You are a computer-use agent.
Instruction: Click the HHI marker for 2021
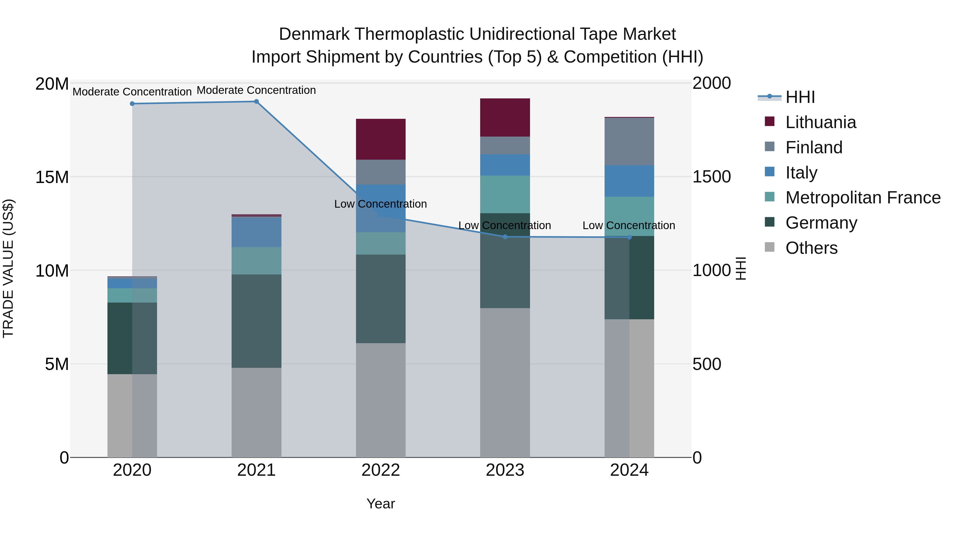tap(256, 102)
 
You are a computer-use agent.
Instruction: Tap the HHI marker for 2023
tap(505, 237)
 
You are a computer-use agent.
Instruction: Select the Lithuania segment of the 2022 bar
tap(381, 139)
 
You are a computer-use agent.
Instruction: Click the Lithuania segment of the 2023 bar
tap(505, 117)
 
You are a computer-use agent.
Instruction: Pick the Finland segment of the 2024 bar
tap(629, 142)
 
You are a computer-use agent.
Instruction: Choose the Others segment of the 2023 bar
tap(505, 382)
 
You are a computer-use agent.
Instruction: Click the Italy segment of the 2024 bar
tap(629, 181)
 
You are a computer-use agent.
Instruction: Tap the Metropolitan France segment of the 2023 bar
tap(505, 194)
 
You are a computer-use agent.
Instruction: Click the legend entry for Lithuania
tap(821, 122)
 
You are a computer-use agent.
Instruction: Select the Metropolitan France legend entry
tap(863, 198)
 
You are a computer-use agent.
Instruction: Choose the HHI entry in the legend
tap(800, 97)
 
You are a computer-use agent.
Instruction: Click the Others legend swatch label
tap(811, 248)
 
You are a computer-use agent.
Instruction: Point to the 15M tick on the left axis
tap(52, 177)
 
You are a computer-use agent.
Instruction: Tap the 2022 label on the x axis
tap(381, 470)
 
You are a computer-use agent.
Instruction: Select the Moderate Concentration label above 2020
tap(132, 92)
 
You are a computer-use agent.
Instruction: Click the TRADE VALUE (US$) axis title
tap(8, 268)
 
